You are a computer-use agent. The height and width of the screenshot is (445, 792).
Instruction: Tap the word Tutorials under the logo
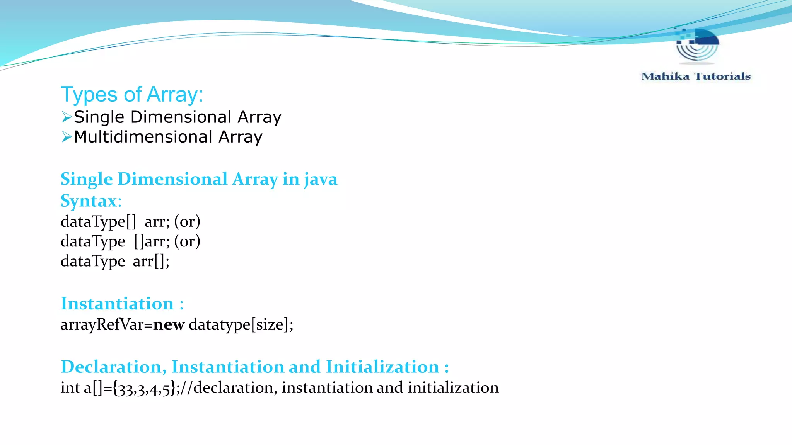722,76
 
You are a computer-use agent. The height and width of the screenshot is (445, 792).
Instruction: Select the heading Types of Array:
132,95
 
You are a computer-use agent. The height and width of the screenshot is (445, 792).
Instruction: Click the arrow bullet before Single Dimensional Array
67,117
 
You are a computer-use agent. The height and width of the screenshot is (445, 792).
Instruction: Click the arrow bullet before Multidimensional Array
67,137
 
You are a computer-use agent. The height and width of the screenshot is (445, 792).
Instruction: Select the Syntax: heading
91,201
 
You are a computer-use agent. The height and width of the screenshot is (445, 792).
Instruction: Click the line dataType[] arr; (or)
130,222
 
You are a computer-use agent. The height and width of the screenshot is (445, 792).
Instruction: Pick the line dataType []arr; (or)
130,241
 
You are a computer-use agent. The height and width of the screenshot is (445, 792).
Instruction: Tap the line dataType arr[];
115,262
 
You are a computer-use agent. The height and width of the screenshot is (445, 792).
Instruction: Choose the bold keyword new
169,324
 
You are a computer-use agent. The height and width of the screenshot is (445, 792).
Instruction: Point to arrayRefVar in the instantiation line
102,324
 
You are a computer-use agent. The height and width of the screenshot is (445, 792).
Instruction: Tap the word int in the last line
70,388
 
